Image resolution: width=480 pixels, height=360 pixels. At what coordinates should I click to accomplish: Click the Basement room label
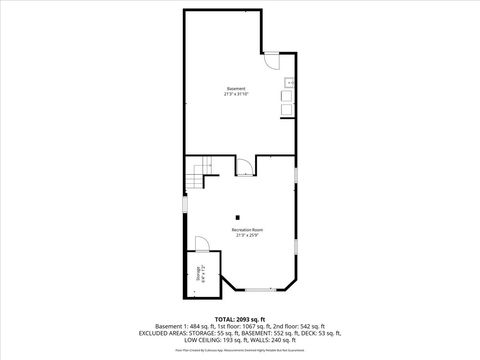(236, 89)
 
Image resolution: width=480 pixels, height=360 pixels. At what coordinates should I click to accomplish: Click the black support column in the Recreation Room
(238, 217)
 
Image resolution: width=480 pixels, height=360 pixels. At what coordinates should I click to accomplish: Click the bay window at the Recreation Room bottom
(259, 289)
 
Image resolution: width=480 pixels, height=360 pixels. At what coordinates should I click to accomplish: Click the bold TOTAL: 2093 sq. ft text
(240, 320)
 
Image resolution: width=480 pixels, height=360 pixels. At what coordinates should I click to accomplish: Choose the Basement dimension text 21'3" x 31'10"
(236, 94)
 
